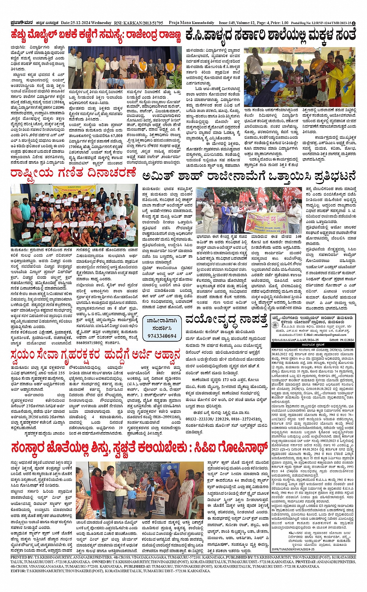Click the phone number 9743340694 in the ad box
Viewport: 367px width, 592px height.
pos(162,336)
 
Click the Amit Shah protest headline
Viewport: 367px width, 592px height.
pos(249,176)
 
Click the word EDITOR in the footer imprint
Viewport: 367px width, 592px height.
pos(19,571)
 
